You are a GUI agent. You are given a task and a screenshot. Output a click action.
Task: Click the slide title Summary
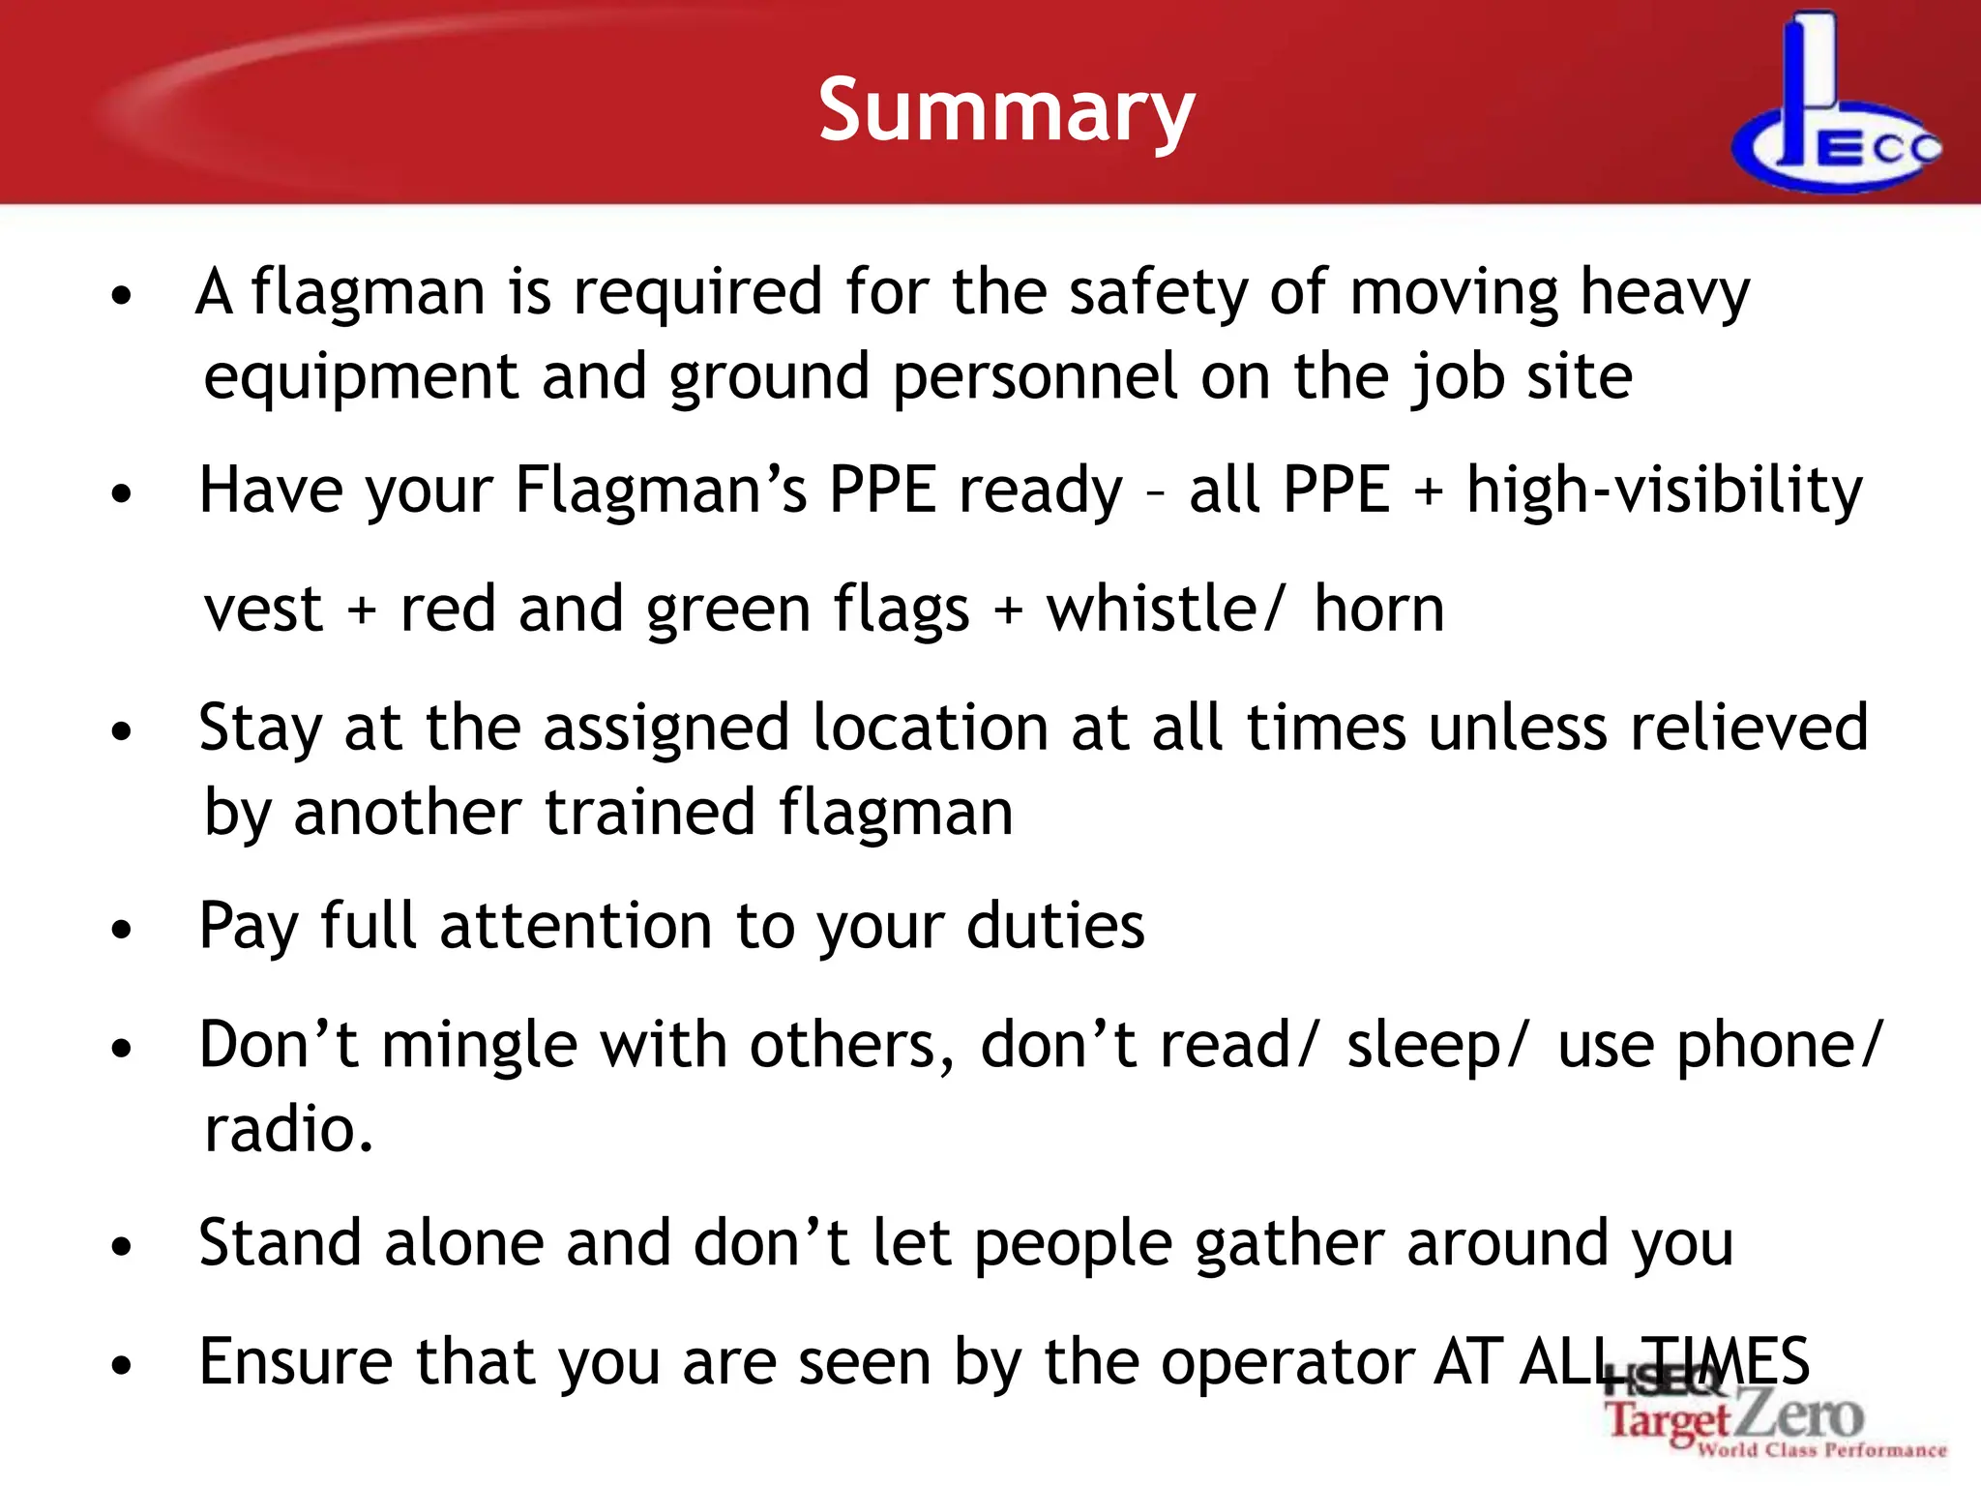tap(1006, 112)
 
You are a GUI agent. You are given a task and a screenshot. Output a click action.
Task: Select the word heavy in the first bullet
tap(1664, 292)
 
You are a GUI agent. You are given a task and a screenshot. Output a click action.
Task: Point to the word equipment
tap(361, 378)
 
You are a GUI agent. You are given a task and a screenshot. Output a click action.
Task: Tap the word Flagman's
tap(661, 490)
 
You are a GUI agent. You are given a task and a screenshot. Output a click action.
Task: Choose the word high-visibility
tap(1664, 490)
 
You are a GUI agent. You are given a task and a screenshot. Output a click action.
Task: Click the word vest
tap(263, 609)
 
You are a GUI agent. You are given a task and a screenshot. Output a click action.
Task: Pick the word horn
tap(1378, 609)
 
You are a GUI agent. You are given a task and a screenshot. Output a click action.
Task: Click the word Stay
tap(259, 728)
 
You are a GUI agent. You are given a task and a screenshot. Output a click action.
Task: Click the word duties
tap(1055, 927)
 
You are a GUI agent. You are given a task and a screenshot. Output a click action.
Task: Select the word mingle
tap(479, 1047)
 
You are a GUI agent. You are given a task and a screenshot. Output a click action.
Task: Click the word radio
tap(288, 1130)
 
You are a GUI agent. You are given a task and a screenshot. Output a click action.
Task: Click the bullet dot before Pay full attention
tap(121, 931)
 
